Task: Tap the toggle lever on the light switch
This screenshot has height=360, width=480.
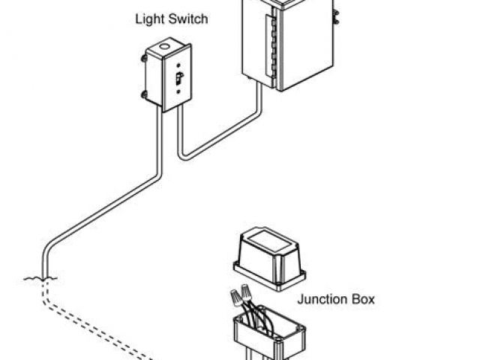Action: pyautogui.click(x=178, y=77)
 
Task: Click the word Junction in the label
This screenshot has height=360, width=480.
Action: pyautogui.click(x=324, y=299)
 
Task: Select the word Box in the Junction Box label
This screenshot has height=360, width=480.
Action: pyautogui.click(x=364, y=299)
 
